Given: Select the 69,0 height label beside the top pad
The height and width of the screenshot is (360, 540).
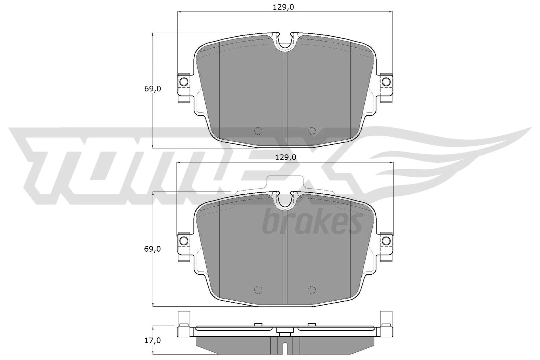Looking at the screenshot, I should pos(153,89).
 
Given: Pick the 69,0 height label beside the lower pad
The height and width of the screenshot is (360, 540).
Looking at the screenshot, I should pos(153,249).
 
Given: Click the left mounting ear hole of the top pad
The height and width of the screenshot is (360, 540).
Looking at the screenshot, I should pos(184,82).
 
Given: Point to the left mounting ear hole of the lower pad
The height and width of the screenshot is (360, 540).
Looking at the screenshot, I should pos(184,241).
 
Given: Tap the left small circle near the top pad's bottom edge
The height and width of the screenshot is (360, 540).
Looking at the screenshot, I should pos(258,131).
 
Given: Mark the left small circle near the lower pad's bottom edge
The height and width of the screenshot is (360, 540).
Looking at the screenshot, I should pos(258,289).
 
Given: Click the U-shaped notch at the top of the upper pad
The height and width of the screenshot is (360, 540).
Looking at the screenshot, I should pos(285,42).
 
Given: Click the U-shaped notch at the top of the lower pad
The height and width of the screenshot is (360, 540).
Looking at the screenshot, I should pos(285,201).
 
